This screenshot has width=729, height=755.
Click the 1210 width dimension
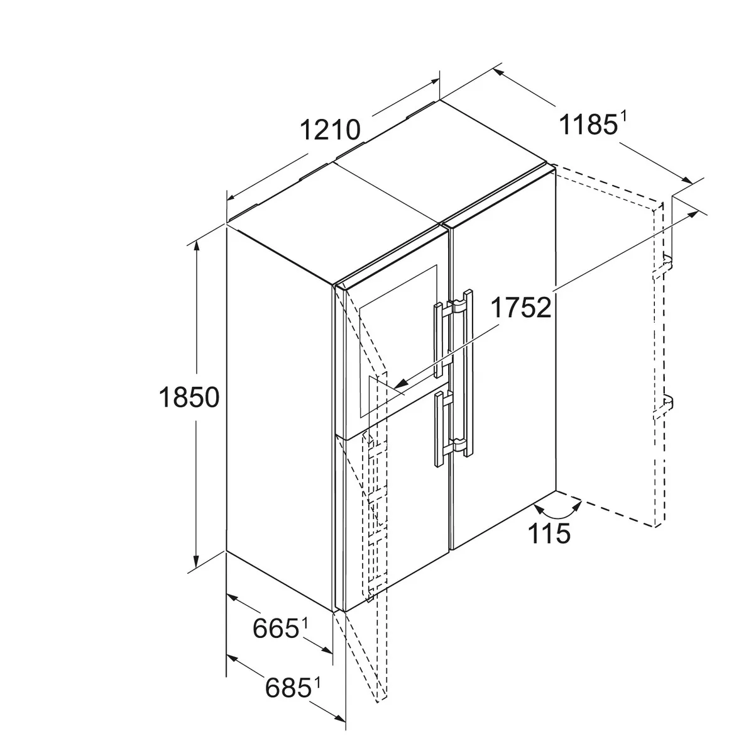pyautogui.click(x=330, y=130)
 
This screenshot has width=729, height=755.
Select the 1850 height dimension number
pyautogui.click(x=189, y=397)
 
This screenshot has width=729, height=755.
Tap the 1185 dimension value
pyautogui.click(x=588, y=125)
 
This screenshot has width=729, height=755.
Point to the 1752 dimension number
pyautogui.click(x=521, y=308)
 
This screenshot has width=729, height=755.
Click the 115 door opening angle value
pyautogui.click(x=549, y=534)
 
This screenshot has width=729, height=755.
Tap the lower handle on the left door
pyautogui.click(x=442, y=429)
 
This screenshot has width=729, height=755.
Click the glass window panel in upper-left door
pyautogui.click(x=398, y=342)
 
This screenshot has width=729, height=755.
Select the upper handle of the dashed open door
pyautogui.click(x=662, y=266)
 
